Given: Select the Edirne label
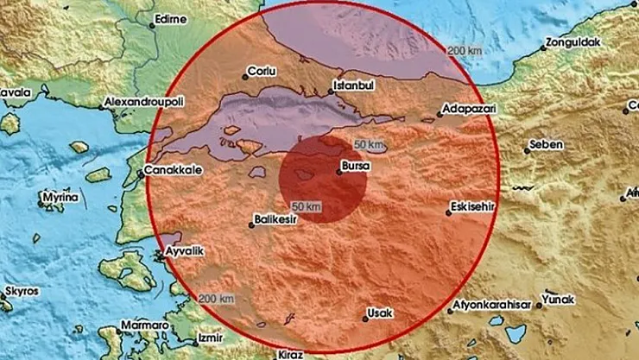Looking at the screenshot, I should coord(171,16).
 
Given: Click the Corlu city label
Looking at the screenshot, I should coord(261,72).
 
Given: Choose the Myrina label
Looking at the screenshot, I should coord(62,199).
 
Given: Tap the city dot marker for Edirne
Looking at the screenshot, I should coord(153,25).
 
